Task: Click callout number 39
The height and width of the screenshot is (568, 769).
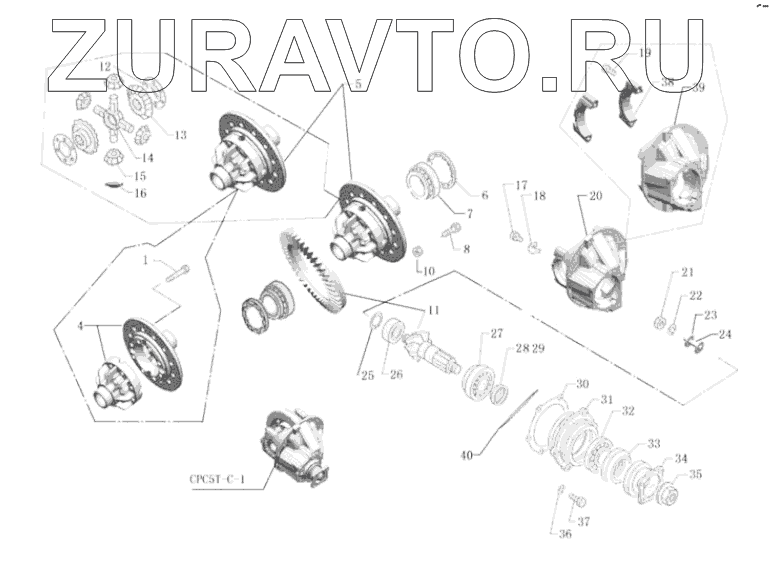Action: coord(697,89)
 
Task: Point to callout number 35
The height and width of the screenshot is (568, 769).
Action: coord(695,475)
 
